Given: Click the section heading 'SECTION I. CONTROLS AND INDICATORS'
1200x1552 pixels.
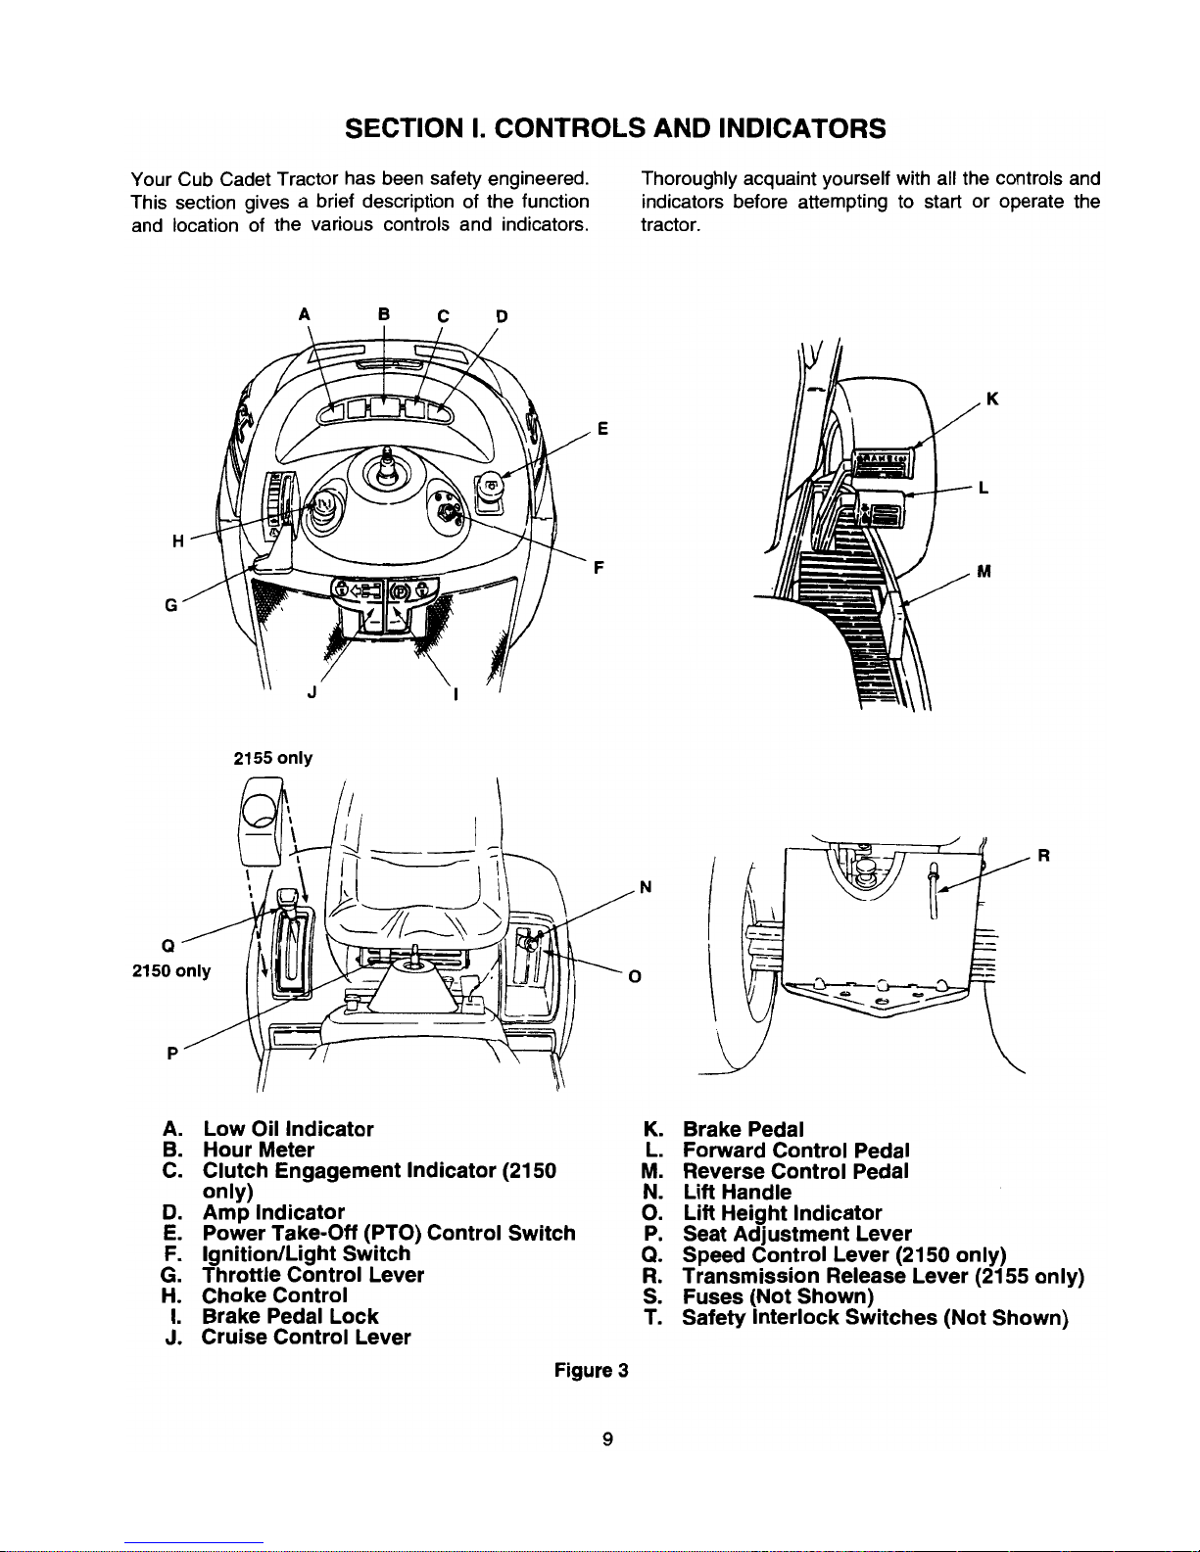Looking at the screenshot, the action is coord(615,128).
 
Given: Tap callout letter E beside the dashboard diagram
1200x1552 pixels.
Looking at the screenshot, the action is coord(602,429).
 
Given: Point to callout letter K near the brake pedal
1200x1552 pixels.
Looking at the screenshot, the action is coord(992,399).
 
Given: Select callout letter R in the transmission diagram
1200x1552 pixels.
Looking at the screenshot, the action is coord(1043,855).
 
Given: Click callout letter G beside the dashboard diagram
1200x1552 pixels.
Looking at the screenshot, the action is coord(170,605).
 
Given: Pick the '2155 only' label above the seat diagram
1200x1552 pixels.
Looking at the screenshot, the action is coord(273,758).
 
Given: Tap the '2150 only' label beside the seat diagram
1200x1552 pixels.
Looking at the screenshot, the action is coord(171,970).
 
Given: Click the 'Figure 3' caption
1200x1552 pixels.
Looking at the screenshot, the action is coord(592,1371).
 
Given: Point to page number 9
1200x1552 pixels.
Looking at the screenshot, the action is coord(607,1439).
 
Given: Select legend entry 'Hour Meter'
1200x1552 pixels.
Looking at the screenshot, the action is coord(259,1150).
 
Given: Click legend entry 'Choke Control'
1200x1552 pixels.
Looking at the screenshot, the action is coord(275,1295).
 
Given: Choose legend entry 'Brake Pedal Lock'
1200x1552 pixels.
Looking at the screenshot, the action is coord(290,1316).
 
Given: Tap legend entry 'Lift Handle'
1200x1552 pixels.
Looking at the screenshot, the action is coord(737,1192).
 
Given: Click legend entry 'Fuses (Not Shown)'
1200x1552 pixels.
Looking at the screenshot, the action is coord(778,1296).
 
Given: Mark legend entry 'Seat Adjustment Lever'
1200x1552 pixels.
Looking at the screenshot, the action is coord(797,1234).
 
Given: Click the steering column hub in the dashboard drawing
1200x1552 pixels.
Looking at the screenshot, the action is coord(386,470).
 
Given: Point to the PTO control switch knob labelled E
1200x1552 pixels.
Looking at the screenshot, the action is coord(490,487).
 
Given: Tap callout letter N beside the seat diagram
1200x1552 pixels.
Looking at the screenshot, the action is coord(645,887).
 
